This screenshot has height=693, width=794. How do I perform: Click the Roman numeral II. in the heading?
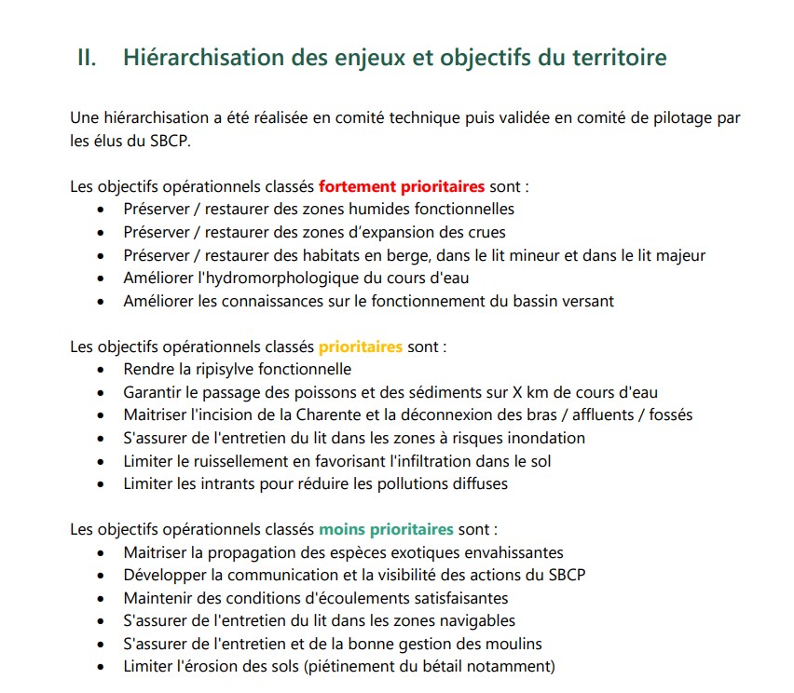[86, 58]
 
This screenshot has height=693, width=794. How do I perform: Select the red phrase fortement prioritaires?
[402, 186]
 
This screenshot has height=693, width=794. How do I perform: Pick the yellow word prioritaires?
[361, 346]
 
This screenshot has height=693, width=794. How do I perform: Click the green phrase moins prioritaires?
[387, 529]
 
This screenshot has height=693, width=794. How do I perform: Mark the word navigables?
[474, 621]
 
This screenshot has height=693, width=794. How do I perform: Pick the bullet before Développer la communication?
[101, 576]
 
